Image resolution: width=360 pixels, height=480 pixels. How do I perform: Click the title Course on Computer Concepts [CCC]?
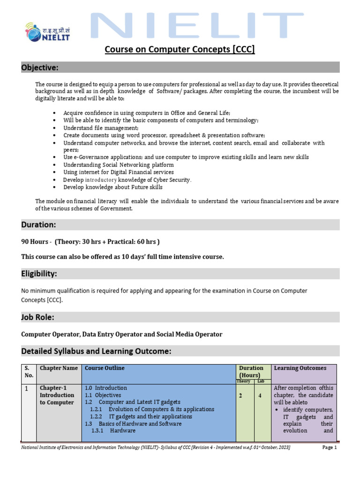(180, 49)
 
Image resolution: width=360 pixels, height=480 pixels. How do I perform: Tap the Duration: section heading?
(38, 225)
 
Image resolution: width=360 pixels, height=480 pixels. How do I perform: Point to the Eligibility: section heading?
(40, 274)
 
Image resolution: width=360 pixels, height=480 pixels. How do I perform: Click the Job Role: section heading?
(37, 317)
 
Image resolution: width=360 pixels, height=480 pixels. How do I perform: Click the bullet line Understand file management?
(101, 128)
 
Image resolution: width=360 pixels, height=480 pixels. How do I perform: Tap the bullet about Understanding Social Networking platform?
(118, 165)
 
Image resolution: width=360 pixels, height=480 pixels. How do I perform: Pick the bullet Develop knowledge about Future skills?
(113, 187)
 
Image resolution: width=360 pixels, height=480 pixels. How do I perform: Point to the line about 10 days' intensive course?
(123, 257)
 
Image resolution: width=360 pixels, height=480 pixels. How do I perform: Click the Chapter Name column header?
(59, 368)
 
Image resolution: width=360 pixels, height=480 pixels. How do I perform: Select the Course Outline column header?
(105, 368)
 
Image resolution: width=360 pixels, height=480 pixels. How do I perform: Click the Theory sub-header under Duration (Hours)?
(243, 382)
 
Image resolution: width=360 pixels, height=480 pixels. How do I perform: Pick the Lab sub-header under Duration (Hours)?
(261, 382)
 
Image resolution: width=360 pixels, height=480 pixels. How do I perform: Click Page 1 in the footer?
(330, 448)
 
